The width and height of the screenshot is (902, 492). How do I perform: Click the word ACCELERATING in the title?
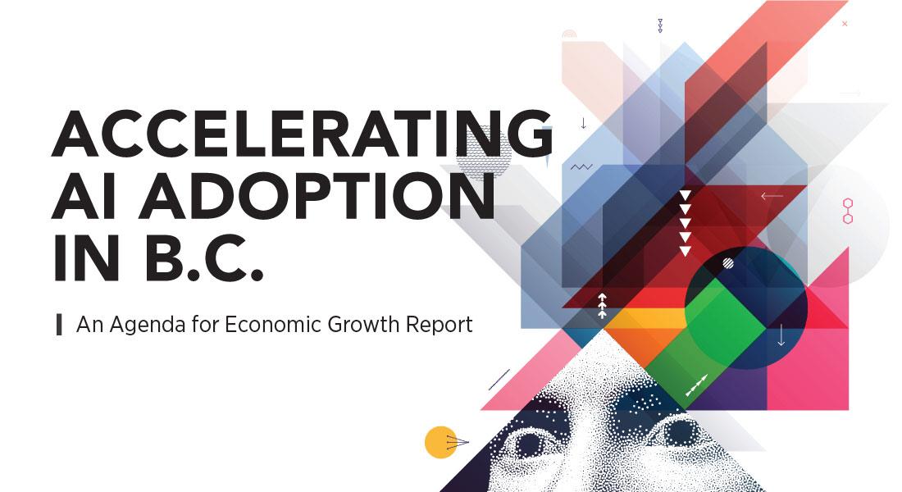click(x=303, y=134)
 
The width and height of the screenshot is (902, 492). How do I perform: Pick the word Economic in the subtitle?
click(x=273, y=324)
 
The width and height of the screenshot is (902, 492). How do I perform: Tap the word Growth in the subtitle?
click(x=363, y=324)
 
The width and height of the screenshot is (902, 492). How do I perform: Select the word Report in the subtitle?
click(x=439, y=326)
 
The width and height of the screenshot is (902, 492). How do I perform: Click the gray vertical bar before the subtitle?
click(x=59, y=325)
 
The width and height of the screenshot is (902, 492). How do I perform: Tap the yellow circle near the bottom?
click(x=440, y=442)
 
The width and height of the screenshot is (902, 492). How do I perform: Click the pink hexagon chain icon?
click(x=847, y=212)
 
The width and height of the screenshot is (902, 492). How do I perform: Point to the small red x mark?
click(x=845, y=24)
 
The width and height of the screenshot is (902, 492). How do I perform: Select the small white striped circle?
click(x=727, y=263)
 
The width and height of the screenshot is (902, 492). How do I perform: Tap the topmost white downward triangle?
click(x=685, y=195)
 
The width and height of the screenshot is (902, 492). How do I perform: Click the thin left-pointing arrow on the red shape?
click(x=772, y=196)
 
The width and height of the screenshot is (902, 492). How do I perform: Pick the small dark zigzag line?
click(x=581, y=167)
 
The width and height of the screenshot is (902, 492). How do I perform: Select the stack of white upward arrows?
click(x=602, y=306)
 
